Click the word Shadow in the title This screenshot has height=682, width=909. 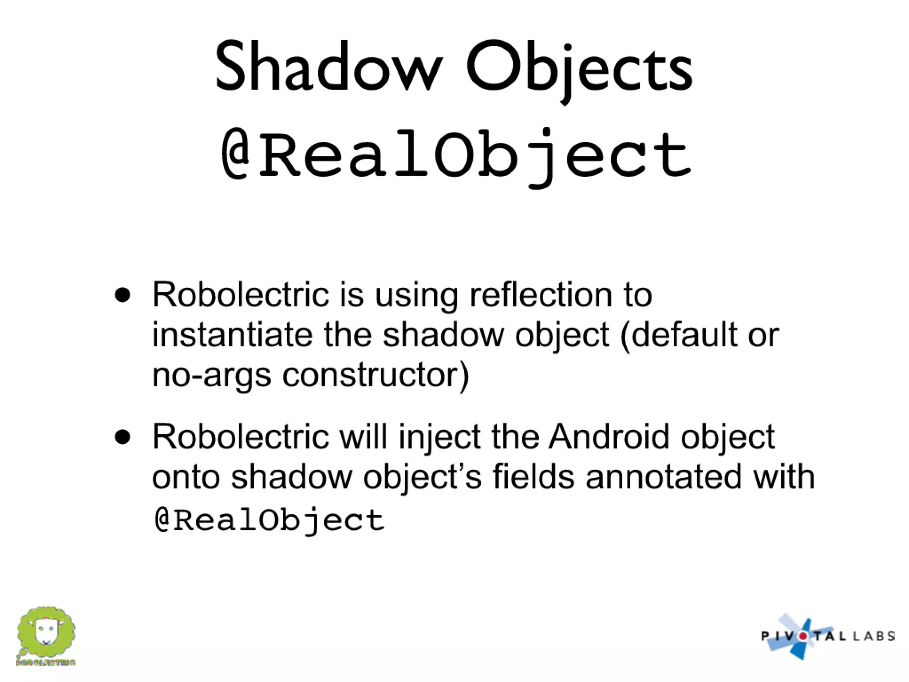(x=328, y=67)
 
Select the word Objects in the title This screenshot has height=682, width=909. (x=579, y=69)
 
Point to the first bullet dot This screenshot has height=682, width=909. (x=123, y=295)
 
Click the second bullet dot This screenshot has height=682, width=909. (x=123, y=437)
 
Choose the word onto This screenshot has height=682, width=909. (x=186, y=478)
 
